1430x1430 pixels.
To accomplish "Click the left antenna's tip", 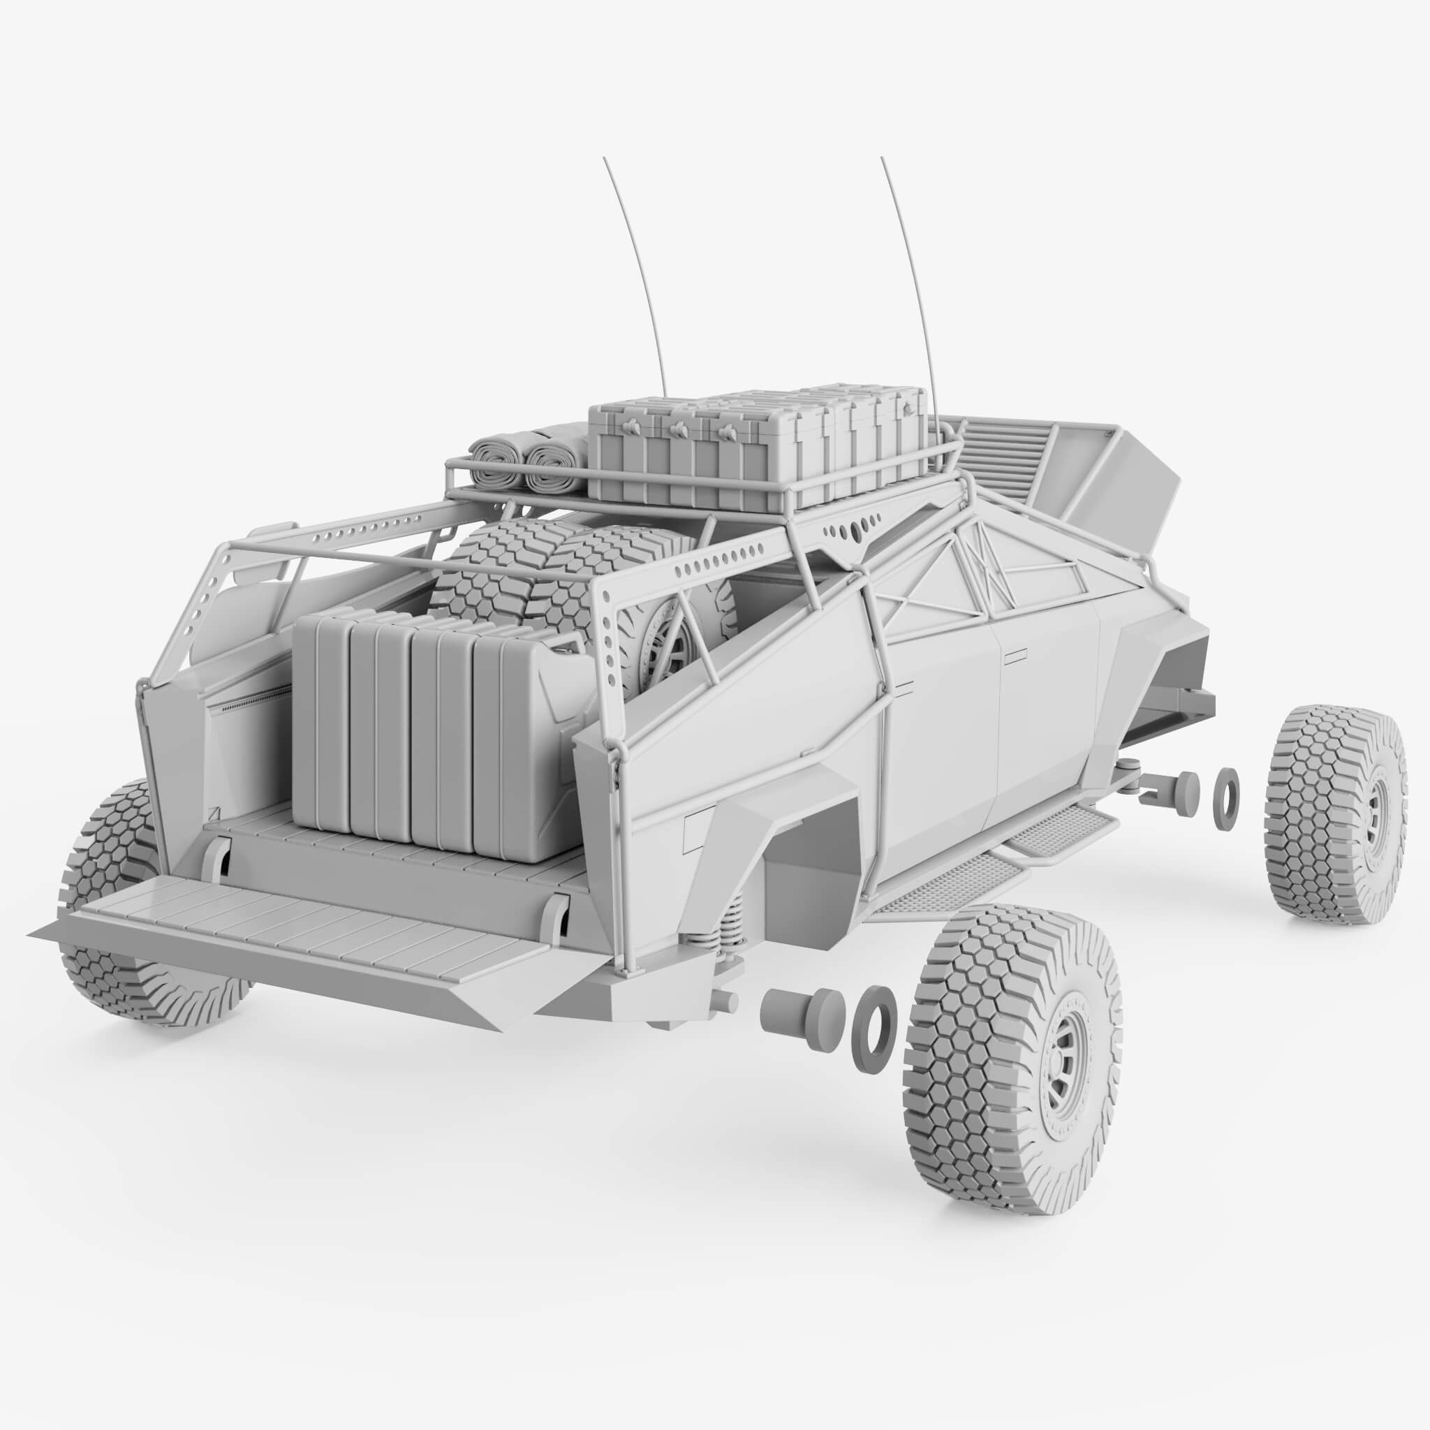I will click(x=605, y=159).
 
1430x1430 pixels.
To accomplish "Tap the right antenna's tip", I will click(x=882, y=159).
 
